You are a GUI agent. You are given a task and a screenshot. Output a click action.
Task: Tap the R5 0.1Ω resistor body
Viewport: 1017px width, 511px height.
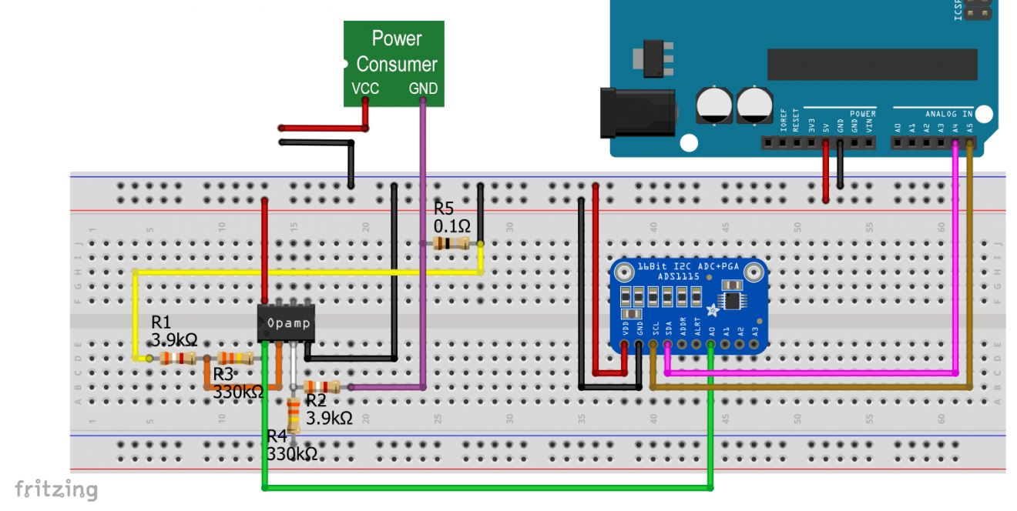(x=451, y=244)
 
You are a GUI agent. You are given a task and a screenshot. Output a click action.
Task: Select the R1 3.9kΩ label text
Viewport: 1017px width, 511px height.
(x=173, y=330)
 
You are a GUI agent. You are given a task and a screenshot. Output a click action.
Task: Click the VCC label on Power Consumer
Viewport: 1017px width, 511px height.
(x=365, y=89)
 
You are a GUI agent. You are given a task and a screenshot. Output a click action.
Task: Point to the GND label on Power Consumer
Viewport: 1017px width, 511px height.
(x=422, y=89)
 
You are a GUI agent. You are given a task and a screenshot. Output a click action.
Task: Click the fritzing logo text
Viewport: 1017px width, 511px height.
(x=56, y=490)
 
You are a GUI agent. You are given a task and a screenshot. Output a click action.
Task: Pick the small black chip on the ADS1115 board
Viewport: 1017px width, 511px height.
(x=730, y=299)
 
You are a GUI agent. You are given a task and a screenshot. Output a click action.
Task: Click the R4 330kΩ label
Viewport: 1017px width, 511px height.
(x=292, y=446)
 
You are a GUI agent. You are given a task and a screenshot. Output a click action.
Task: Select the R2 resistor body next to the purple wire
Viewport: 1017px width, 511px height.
(x=322, y=387)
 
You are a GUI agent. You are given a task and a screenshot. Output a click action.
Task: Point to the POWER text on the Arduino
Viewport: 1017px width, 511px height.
(x=863, y=114)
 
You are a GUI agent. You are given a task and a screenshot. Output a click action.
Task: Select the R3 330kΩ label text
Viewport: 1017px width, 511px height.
(x=237, y=383)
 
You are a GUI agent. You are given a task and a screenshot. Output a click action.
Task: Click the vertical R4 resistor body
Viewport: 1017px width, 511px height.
(x=294, y=416)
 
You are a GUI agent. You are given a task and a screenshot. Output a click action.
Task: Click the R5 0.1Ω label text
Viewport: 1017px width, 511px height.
(x=452, y=217)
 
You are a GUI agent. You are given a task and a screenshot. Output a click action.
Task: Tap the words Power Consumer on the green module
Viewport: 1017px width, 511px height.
(x=396, y=51)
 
